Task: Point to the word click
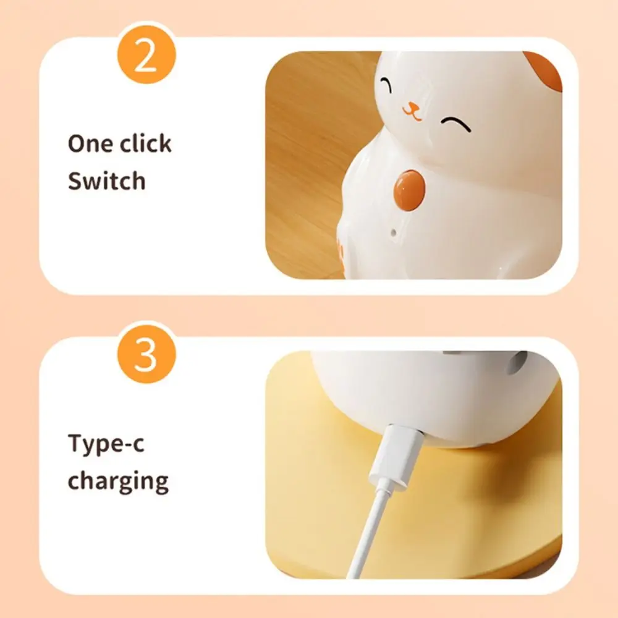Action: pyautogui.click(x=146, y=143)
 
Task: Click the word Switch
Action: pyautogui.click(x=106, y=182)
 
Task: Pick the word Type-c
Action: pyautogui.click(x=106, y=445)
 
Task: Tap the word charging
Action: pyautogui.click(x=118, y=481)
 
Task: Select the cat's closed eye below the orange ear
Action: pyautogui.click(x=455, y=122)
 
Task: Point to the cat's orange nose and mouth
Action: pyautogui.click(x=411, y=111)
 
